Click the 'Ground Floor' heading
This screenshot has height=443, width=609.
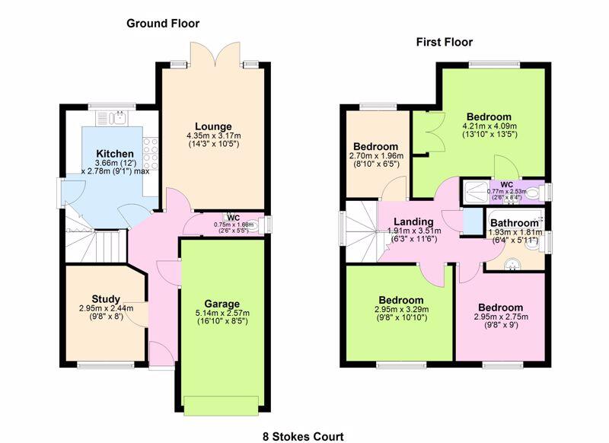pos(163,24)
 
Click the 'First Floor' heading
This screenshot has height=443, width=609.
pos(444,42)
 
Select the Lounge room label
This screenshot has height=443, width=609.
pos(212,126)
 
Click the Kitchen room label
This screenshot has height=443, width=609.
pos(115,155)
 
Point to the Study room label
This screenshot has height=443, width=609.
pos(107,298)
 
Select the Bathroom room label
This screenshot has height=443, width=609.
pos(514,223)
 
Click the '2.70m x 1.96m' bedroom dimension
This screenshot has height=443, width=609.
pos(376,156)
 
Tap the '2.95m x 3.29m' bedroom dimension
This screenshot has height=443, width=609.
pos(401,311)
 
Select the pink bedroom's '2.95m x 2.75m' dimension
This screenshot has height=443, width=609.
pos(500,317)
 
